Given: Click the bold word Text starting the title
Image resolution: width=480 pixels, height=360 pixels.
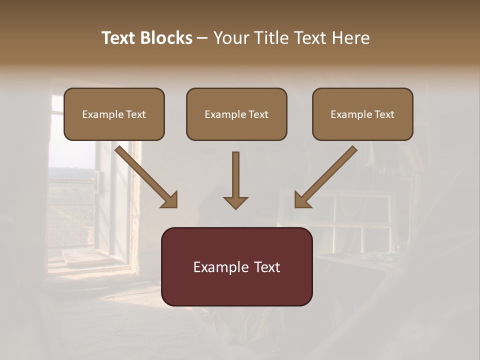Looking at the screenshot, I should pyautogui.click(x=119, y=38).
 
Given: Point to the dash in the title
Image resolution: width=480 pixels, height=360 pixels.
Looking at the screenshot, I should pyautogui.click(x=202, y=38).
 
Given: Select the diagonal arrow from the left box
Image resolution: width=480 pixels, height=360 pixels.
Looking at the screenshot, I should pyautogui.click(x=145, y=175).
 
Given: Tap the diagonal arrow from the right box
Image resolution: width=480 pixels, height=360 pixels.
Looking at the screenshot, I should pyautogui.click(x=327, y=175).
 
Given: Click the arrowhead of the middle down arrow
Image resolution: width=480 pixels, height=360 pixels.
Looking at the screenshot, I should pyautogui.click(x=235, y=202).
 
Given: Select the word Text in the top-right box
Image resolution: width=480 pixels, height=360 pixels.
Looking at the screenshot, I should pyautogui.click(x=384, y=114).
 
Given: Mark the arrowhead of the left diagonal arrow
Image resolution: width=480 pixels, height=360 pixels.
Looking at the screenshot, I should pyautogui.click(x=170, y=200).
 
